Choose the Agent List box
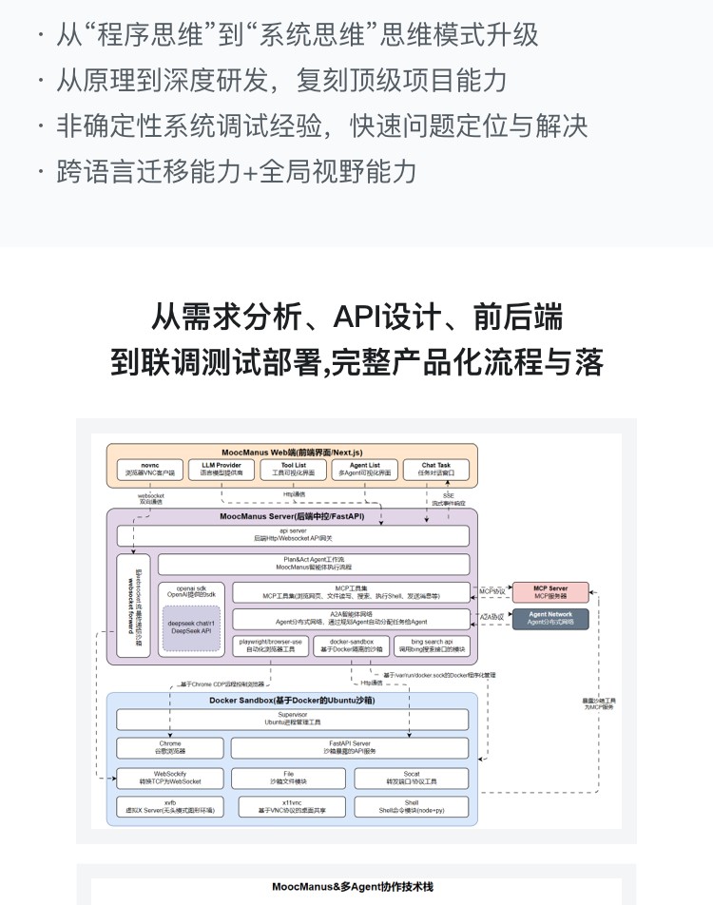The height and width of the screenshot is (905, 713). coord(366,470)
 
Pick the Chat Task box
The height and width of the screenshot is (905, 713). coord(436,470)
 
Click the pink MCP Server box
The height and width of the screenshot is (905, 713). coord(550,593)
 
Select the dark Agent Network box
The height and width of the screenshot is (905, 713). coord(550,619)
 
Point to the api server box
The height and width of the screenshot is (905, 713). coord(293,536)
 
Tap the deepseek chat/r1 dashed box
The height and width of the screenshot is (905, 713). coord(191,629)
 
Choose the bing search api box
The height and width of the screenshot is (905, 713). coord(431,646)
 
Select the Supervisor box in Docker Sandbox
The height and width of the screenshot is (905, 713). coord(293,719)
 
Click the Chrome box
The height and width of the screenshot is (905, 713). coord(169,748)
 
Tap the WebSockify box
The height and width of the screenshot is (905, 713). coord(169,779)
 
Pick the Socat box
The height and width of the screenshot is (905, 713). coord(411,779)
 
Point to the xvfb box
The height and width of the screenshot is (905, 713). coord(169,807)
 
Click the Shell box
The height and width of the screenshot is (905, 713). coord(411,807)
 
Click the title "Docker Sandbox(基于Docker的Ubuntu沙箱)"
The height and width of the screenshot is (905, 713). coord(293,701)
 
